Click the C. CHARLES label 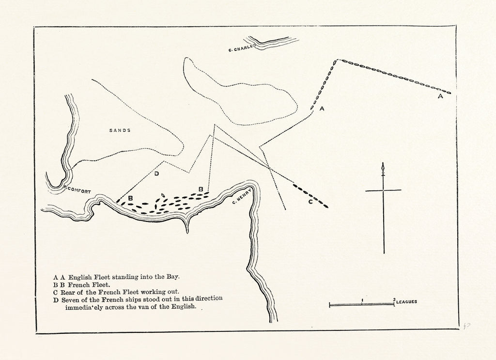tap(242, 48)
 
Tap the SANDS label tap(120, 130)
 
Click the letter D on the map tap(156, 174)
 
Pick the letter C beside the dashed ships tap(310, 202)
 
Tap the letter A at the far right tap(440, 97)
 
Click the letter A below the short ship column tap(322, 110)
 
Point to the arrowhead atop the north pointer tap(383, 167)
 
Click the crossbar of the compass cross tap(383, 190)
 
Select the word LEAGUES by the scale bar tap(406, 301)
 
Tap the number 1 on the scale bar tap(362, 299)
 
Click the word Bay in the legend tap(172, 277)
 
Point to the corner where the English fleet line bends tap(336, 60)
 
